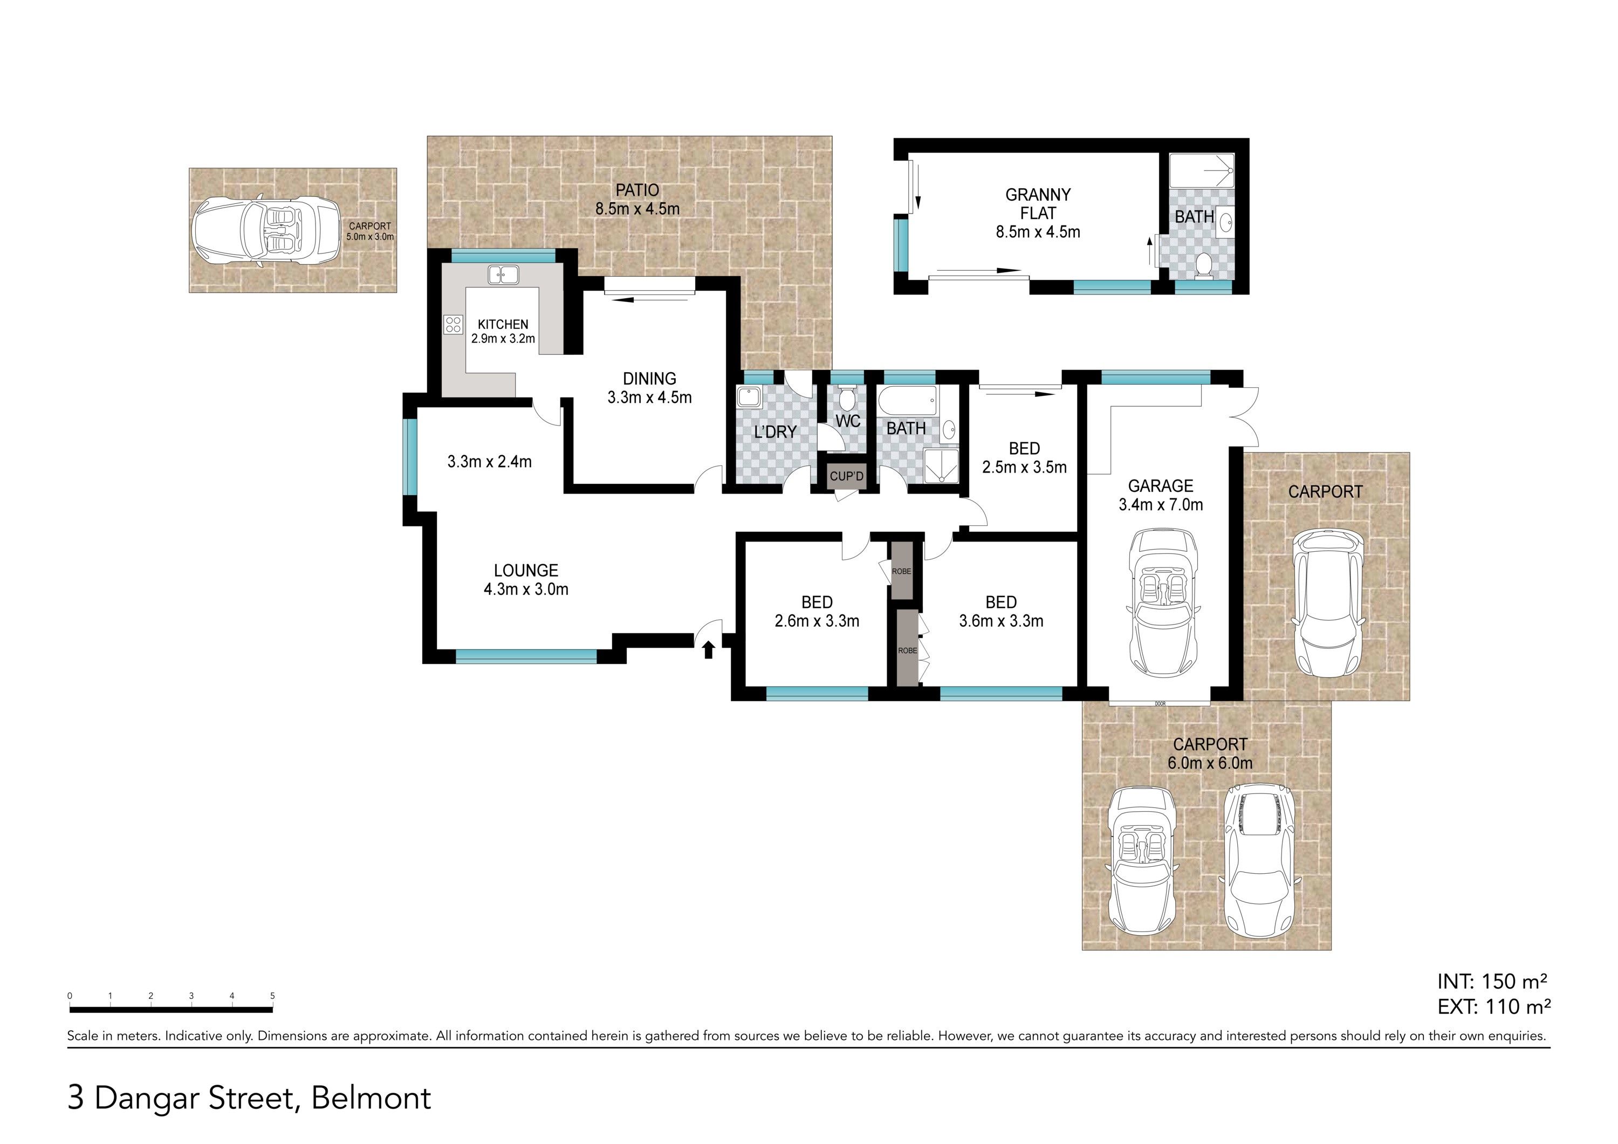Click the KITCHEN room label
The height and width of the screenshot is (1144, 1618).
503,324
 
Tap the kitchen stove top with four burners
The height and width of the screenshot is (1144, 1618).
453,324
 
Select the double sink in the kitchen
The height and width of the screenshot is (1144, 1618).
503,274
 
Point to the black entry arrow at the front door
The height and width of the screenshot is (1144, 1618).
708,649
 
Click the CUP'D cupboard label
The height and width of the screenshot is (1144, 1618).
846,476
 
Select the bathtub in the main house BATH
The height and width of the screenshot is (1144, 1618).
907,402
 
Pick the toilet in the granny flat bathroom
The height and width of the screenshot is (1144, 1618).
1204,266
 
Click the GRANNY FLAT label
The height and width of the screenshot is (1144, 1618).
1038,204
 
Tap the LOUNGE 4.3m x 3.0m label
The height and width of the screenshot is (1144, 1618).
526,579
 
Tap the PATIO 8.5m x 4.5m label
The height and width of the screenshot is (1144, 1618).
637,199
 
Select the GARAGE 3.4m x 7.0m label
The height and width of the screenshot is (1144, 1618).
1161,495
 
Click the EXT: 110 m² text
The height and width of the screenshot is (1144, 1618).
1494,1006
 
